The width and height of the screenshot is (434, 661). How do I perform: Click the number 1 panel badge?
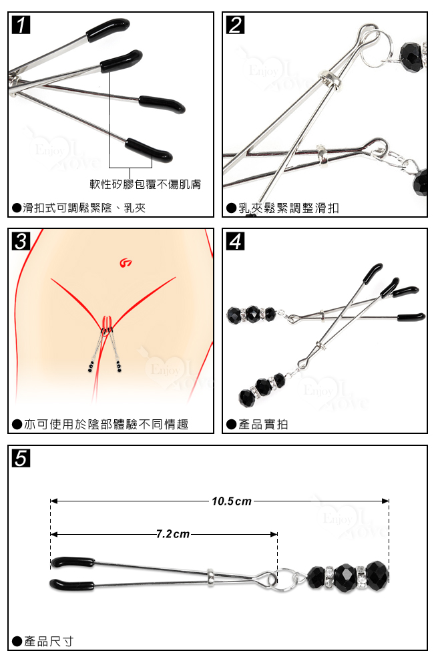[21, 25]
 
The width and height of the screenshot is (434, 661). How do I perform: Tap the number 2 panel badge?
[235, 25]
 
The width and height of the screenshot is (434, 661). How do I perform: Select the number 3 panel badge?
[21, 241]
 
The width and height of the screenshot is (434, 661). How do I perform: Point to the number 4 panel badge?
[235, 241]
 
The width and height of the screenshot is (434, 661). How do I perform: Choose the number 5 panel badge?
[21, 458]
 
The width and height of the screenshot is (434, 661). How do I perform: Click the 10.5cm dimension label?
[232, 501]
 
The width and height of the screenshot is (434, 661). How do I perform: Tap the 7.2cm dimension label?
[173, 534]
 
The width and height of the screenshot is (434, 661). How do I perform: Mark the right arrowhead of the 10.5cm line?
[385, 501]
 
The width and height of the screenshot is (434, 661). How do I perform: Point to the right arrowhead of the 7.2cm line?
[274, 534]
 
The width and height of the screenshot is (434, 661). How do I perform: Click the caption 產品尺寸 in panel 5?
[49, 642]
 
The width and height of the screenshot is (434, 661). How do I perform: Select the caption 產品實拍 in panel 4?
[263, 424]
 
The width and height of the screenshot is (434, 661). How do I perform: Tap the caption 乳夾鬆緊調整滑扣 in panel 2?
[288, 208]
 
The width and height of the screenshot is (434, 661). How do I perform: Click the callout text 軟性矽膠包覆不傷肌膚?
[145, 184]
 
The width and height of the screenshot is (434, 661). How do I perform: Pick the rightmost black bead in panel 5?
[377, 575]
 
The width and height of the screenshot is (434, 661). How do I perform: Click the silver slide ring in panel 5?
[210, 577]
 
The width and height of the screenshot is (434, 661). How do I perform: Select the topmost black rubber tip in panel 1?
[108, 29]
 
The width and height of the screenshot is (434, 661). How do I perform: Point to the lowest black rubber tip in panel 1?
[148, 150]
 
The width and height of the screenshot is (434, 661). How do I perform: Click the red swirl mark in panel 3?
[126, 263]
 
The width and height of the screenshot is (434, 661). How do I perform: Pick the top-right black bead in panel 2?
[411, 57]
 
